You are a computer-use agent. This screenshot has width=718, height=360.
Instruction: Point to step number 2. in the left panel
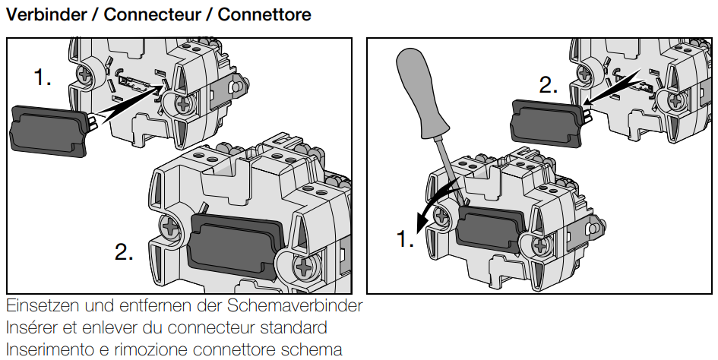[x=124, y=251]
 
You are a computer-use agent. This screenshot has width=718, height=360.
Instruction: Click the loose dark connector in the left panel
[x=45, y=128]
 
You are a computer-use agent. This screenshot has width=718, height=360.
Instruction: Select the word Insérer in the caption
[x=33, y=328]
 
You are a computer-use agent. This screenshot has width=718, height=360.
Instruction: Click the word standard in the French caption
[x=292, y=328]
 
